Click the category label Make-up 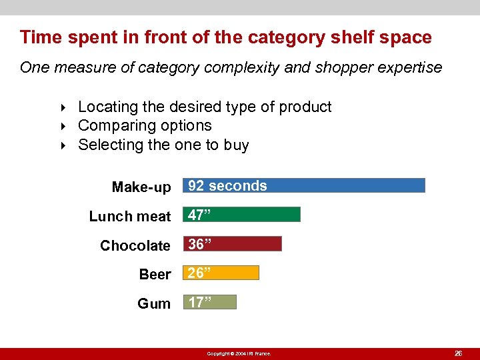click(141, 187)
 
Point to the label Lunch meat click(130, 217)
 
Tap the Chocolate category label click(135, 246)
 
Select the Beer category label click(155, 275)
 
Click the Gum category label click(154, 304)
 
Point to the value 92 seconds click(227, 186)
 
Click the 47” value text click(200, 215)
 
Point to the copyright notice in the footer click(239, 353)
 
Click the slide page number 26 click(458, 353)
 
